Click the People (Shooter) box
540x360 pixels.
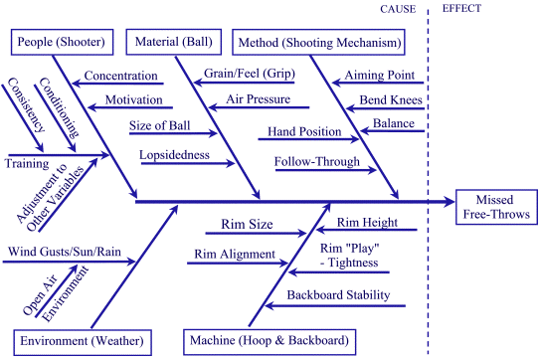61,43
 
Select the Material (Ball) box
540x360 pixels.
172,43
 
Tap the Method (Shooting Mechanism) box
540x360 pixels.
318,43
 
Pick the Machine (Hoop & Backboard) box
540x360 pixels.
268,341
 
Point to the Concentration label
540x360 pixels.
122,76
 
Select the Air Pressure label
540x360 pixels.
259,99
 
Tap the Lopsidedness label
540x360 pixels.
175,156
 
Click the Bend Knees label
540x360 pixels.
392,100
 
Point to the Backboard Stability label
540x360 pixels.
338,295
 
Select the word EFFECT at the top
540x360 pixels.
458,9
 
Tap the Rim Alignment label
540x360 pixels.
235,255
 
